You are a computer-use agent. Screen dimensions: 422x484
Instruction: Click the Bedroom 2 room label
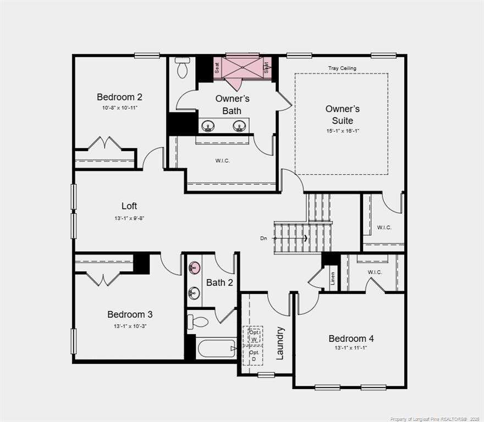(119, 97)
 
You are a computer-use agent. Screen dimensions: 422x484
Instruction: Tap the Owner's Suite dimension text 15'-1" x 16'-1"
(342, 131)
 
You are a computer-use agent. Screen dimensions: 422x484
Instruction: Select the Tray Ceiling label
(342, 68)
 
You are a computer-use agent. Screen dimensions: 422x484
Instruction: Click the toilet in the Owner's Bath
(182, 68)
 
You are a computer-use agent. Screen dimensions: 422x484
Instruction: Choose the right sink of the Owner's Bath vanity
(239, 126)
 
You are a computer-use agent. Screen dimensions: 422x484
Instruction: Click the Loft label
(129, 206)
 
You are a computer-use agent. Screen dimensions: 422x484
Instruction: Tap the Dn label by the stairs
(264, 238)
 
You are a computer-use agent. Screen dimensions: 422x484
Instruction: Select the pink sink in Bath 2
(194, 268)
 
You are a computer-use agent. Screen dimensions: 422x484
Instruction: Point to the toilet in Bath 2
(197, 322)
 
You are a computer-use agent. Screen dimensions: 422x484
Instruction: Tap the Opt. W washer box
(254, 335)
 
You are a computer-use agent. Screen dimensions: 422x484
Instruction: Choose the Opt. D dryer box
(254, 356)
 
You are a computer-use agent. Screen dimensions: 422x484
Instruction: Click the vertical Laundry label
(280, 343)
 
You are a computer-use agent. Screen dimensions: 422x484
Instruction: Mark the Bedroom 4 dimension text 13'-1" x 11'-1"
(351, 348)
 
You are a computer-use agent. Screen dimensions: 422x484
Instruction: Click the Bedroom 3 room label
(130, 314)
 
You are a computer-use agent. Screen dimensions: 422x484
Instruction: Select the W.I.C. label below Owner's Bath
(222, 160)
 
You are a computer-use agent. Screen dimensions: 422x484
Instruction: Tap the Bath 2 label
(219, 282)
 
